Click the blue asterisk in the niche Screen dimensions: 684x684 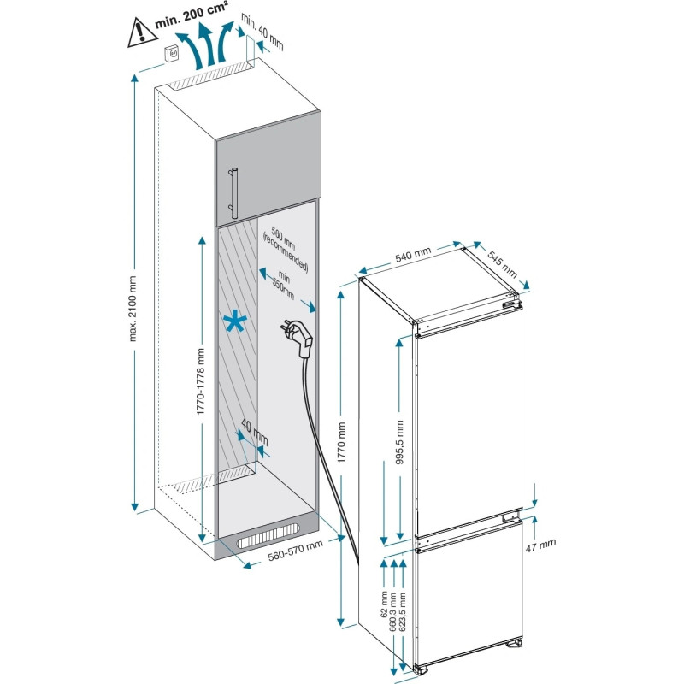pos(233,322)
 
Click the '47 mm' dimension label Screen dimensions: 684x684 pos(542,544)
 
